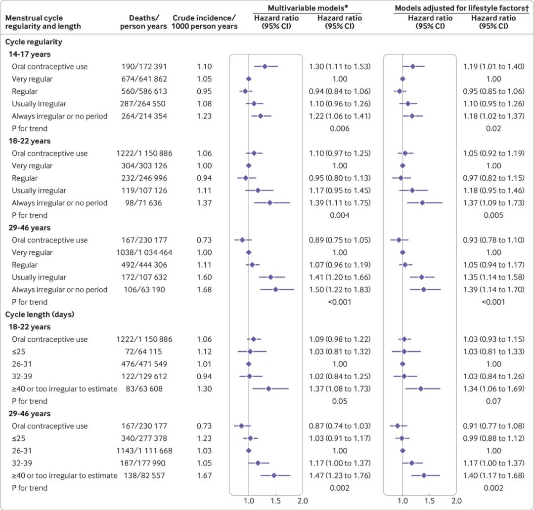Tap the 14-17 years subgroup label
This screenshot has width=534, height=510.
pyautogui.click(x=29, y=54)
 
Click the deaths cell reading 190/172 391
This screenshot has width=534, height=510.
pyautogui.click(x=144, y=67)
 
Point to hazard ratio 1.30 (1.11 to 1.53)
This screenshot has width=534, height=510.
pyautogui.click(x=340, y=67)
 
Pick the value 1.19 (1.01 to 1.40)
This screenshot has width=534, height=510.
pyautogui.click(x=493, y=67)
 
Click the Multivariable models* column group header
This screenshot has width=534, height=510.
pyautogui.click(x=307, y=8)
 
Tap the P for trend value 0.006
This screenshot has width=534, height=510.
pyautogui.click(x=340, y=129)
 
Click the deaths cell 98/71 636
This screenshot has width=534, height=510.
pyautogui.click(x=144, y=203)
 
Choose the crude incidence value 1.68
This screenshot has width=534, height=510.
pyautogui.click(x=205, y=289)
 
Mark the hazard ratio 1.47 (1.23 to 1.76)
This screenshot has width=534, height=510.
pyautogui.click(x=340, y=475)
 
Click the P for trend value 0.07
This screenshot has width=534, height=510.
pyautogui.click(x=493, y=401)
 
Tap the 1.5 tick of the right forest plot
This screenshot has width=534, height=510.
pyautogui.click(x=429, y=501)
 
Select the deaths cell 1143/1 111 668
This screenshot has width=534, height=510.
pyautogui.click(x=144, y=451)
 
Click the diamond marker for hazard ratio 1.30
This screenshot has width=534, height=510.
pyautogui.click(x=265, y=66)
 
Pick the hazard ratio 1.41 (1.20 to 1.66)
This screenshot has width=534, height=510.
pyautogui.click(x=340, y=277)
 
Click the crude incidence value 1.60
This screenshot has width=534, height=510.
pyautogui.click(x=205, y=277)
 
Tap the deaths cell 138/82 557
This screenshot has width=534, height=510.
pyautogui.click(x=144, y=475)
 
